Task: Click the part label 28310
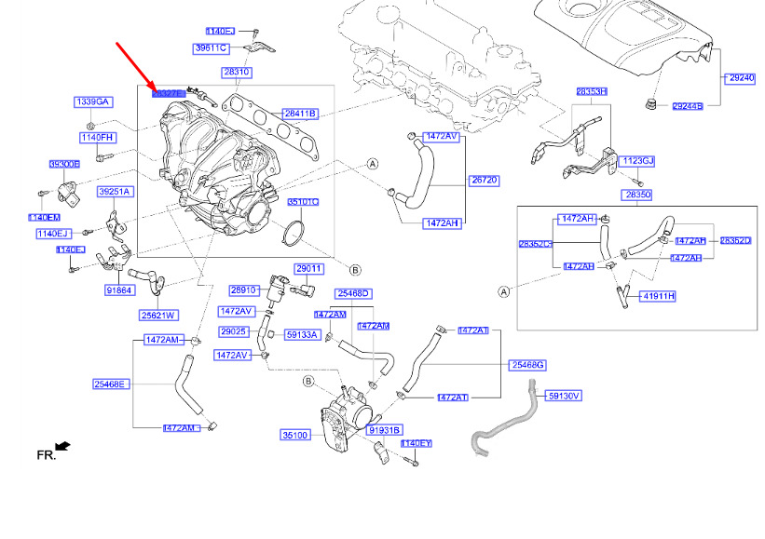tap(237, 72)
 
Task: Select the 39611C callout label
tap(211, 48)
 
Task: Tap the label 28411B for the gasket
tap(301, 114)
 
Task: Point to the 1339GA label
tap(93, 101)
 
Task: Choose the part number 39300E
tap(65, 164)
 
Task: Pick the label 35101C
tap(303, 201)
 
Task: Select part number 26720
tap(484, 180)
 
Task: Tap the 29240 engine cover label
tap(742, 79)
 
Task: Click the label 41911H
tap(658, 296)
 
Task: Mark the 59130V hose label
tap(563, 396)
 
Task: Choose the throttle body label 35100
tap(295, 435)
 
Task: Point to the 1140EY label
tap(417, 443)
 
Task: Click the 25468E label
tap(111, 384)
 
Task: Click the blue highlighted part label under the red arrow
tap(169, 93)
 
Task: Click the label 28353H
tap(591, 92)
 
